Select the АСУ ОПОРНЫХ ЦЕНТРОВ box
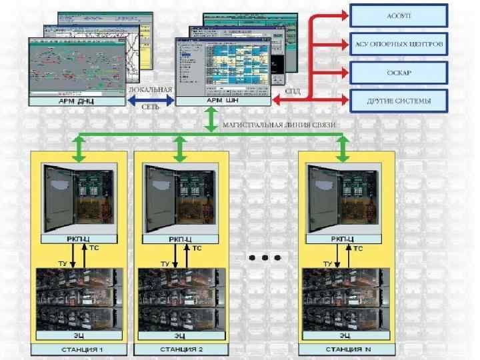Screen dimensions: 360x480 [399, 45]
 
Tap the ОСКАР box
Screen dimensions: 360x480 [399, 73]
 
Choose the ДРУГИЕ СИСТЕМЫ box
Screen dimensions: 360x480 [399, 101]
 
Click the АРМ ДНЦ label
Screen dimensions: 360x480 [77, 101]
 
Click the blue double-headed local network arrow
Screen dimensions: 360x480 [151, 100]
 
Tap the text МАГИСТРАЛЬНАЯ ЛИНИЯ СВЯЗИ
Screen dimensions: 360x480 [279, 125]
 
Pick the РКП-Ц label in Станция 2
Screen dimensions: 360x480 [180, 238]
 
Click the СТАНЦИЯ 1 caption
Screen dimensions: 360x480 [76, 349]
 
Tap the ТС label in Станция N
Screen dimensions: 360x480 [358, 249]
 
